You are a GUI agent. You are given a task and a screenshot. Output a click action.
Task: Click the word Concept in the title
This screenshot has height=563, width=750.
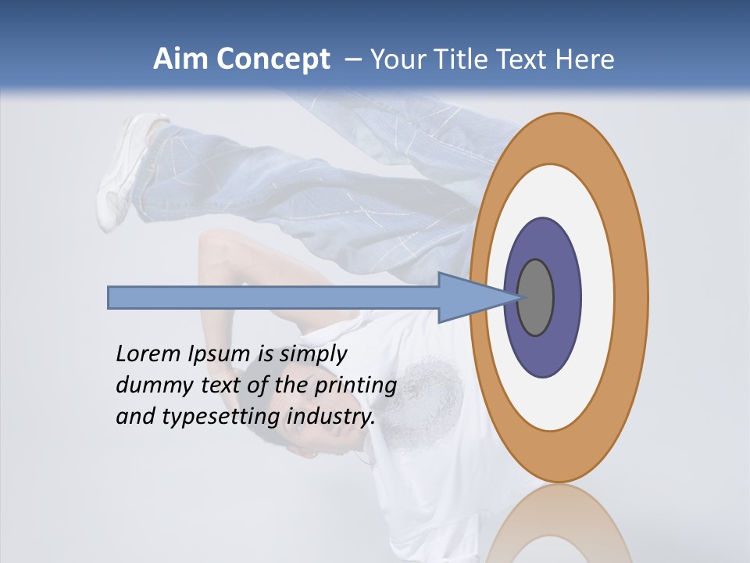[273, 59]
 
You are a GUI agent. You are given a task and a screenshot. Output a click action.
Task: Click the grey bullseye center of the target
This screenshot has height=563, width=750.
[536, 297]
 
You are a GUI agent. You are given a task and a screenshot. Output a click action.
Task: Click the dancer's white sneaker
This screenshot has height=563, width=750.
[125, 168]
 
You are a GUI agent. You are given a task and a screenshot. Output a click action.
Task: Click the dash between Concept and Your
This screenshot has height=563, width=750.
[352, 59]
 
